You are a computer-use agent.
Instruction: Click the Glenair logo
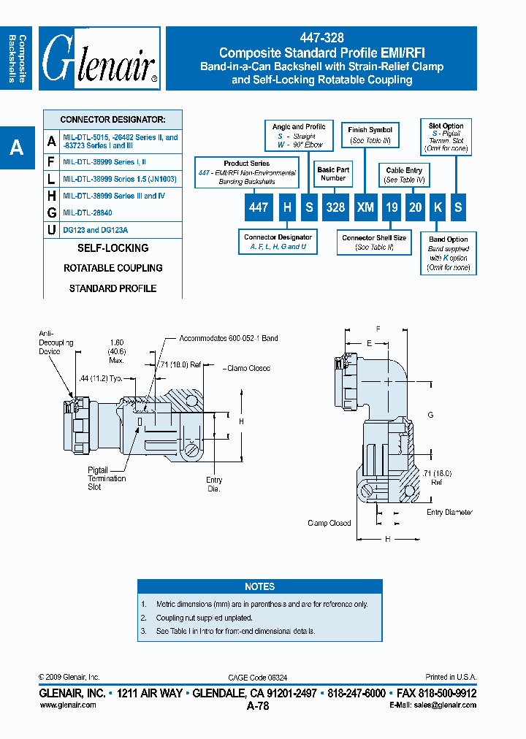(101, 58)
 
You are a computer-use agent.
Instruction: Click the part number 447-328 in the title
(321, 38)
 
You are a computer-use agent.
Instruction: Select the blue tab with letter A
(16, 148)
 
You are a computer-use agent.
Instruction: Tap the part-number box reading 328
(335, 207)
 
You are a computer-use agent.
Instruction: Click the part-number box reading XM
(365, 207)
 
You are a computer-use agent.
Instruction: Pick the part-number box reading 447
(259, 207)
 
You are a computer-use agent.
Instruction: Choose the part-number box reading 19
(392, 207)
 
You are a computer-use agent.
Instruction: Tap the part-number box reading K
(437, 207)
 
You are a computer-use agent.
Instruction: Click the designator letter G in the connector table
(51, 212)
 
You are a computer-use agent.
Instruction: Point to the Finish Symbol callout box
(370, 134)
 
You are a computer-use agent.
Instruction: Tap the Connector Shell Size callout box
(374, 242)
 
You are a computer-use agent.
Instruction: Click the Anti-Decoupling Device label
(49, 342)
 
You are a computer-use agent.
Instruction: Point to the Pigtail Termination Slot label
(107, 479)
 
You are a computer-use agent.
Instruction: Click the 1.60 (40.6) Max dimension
(117, 350)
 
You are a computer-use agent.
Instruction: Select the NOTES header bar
(259, 586)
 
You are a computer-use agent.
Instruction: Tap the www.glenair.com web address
(67, 705)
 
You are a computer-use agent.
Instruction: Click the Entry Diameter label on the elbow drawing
(450, 513)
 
